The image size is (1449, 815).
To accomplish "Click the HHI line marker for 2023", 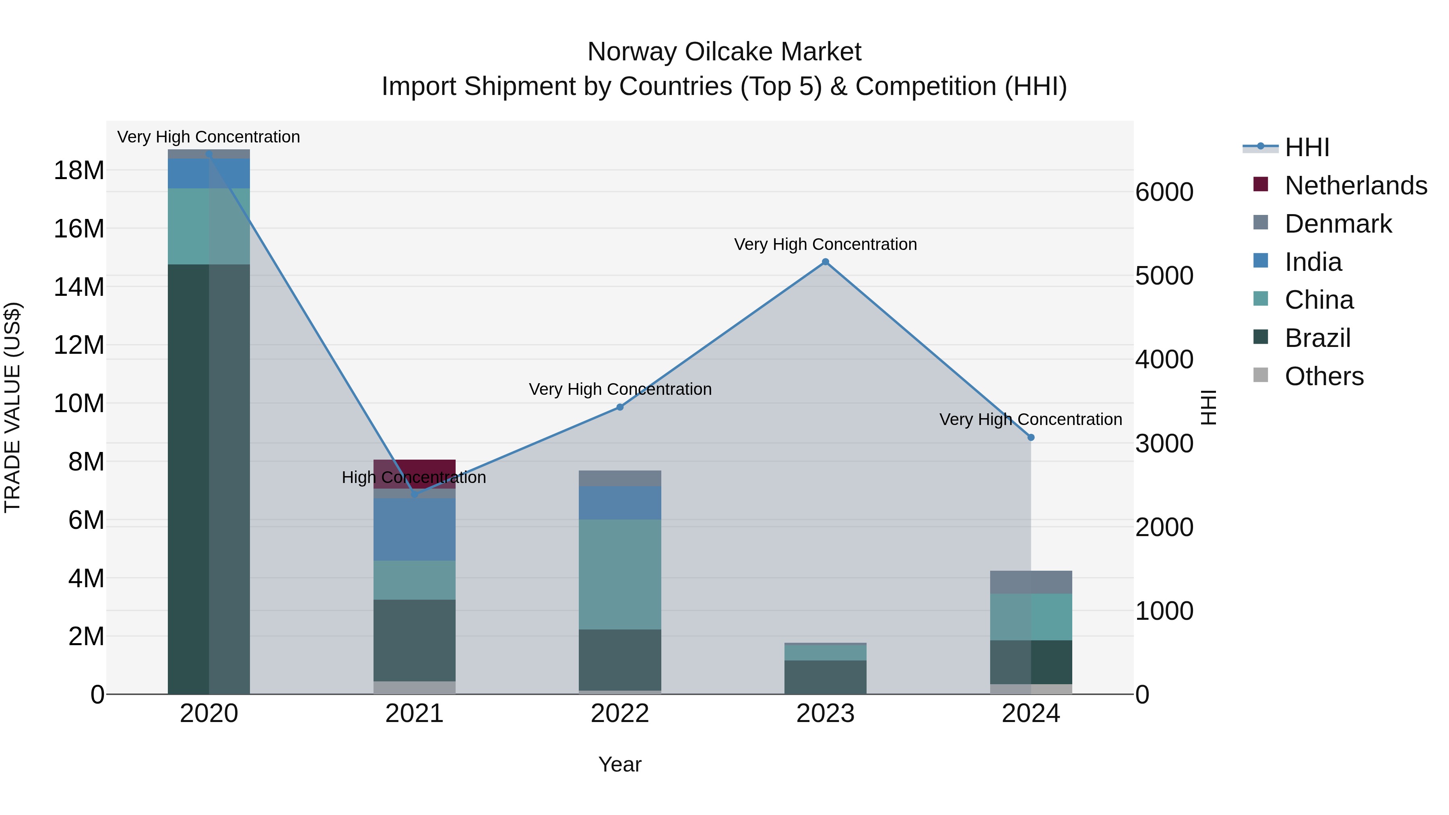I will tap(825, 262).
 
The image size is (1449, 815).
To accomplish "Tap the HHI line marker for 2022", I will tap(620, 406).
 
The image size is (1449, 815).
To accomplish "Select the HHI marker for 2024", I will tap(1030, 437).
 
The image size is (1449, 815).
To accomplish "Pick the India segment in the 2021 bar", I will tap(415, 529).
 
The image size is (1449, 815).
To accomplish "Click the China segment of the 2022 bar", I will tap(620, 574).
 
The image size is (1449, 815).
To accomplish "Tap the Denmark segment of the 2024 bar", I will tap(1030, 582).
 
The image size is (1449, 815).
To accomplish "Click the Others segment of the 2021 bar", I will tap(415, 687).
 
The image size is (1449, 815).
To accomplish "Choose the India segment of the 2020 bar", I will tap(208, 173).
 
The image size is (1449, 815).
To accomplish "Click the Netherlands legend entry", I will tap(1356, 186).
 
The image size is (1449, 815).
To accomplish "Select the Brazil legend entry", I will tap(1317, 338).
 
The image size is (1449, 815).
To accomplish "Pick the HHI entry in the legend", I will tap(1307, 147).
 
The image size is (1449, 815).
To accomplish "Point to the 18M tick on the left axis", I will tap(79, 170).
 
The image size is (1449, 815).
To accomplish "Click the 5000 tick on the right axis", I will tap(1164, 276).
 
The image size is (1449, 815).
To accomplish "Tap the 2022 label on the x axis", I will tap(620, 714).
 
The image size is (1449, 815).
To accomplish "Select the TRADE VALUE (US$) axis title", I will tap(12, 407).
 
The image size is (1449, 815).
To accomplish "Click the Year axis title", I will tap(620, 764).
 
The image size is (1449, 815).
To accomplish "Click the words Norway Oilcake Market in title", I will tap(724, 52).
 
